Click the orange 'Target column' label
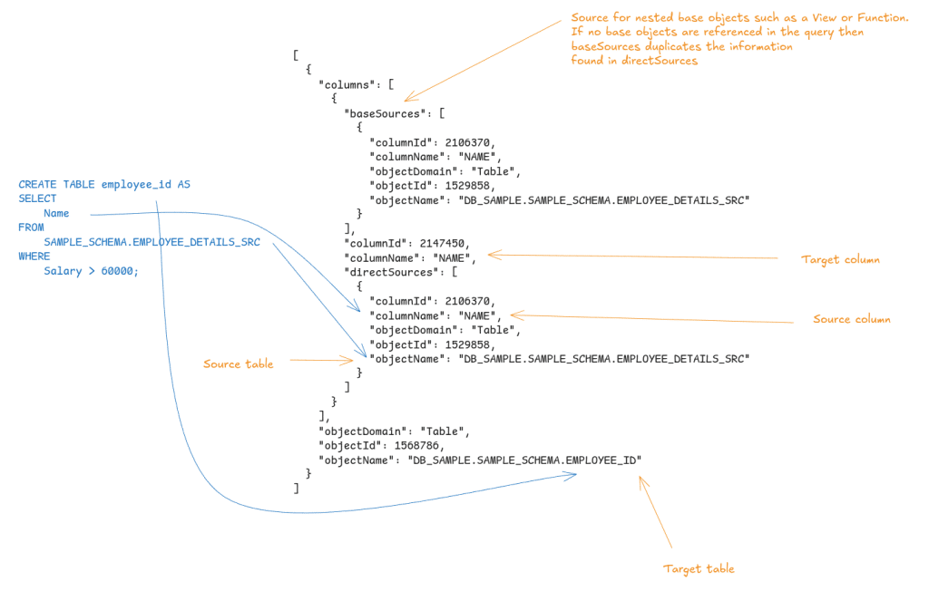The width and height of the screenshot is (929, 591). [x=840, y=260]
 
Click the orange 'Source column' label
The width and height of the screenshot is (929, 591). [x=851, y=319]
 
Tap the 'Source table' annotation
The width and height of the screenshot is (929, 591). [x=238, y=363]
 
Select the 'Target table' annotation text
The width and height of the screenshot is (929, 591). [x=699, y=568]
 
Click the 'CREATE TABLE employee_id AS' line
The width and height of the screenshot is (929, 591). [x=103, y=184]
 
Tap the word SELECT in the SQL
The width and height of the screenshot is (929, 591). [x=37, y=199]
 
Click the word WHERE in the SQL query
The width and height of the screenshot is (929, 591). [x=34, y=257]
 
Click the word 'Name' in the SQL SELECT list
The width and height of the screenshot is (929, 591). [x=56, y=213]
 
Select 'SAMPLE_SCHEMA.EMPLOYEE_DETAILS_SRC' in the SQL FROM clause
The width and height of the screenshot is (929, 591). [x=152, y=242]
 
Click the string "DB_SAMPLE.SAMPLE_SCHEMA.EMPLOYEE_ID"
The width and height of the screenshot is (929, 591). [x=524, y=460]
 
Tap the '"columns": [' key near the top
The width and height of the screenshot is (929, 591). [x=357, y=84]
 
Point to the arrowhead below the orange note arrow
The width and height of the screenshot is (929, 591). [x=407, y=98]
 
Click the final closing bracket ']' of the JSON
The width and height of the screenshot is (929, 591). [x=296, y=489]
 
